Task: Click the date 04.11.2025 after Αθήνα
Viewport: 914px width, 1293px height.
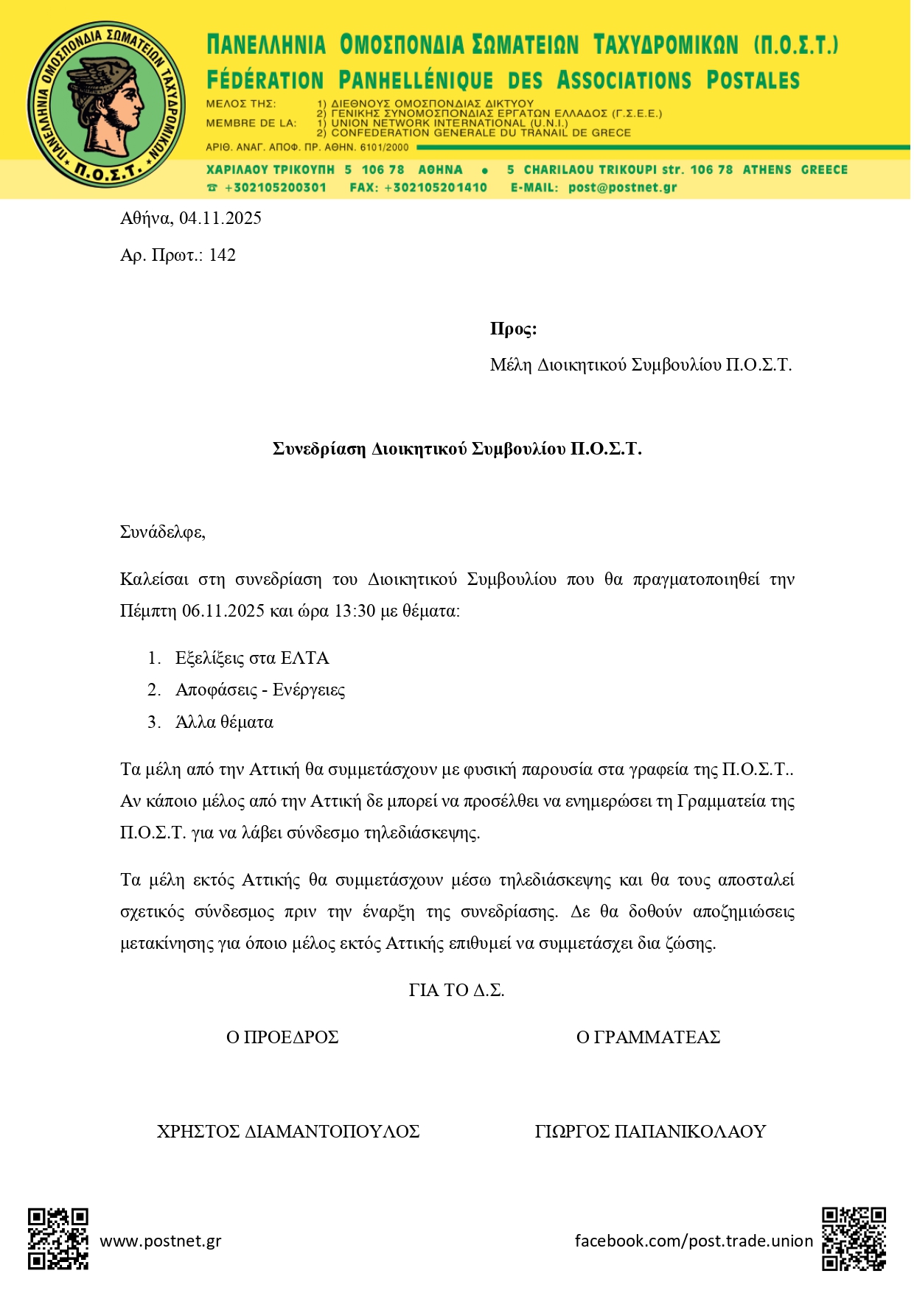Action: pos(220,218)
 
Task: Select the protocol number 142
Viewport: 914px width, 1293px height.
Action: pos(223,256)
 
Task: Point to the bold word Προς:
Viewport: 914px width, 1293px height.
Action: pos(513,329)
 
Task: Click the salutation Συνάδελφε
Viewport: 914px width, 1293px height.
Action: pos(162,532)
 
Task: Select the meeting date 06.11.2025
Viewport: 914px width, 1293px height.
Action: pos(223,611)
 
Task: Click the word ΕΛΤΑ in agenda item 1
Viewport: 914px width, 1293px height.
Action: pos(304,658)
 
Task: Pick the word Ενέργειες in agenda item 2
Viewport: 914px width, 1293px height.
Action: pos(309,690)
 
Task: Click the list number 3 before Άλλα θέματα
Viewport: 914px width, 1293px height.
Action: pos(153,722)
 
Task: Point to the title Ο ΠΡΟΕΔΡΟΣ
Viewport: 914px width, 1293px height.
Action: pos(282,1037)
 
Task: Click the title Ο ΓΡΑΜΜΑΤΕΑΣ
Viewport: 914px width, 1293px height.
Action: pos(648,1037)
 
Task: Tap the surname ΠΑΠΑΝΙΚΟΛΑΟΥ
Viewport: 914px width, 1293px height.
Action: pos(691,1132)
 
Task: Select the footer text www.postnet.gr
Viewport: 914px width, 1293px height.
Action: pos(161,1241)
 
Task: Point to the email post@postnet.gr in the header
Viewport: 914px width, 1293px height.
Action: pos(622,187)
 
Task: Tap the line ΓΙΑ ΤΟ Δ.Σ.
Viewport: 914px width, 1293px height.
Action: pos(456,990)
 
